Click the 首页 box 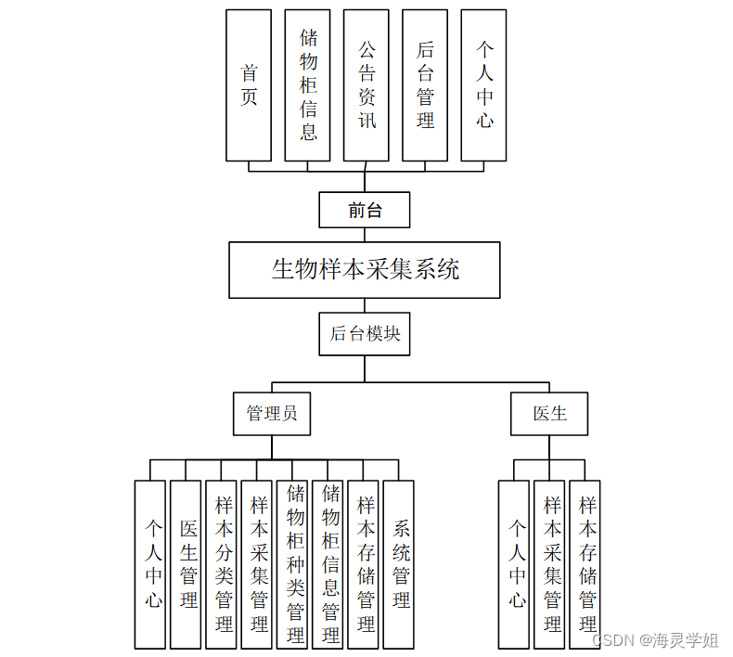click(249, 85)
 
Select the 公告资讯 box click(366, 85)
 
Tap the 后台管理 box click(425, 85)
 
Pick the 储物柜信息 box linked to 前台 click(307, 85)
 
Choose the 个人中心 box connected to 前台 click(483, 85)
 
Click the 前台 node click(365, 210)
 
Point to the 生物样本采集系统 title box click(365, 270)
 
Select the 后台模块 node click(365, 333)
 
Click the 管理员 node click(272, 414)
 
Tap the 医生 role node click(549, 414)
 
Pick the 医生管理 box click(186, 564)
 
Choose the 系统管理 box click(399, 564)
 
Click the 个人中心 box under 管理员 click(150, 564)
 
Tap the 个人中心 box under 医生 click(514, 564)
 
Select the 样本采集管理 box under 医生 click(549, 564)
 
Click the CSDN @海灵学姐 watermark click(655, 640)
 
